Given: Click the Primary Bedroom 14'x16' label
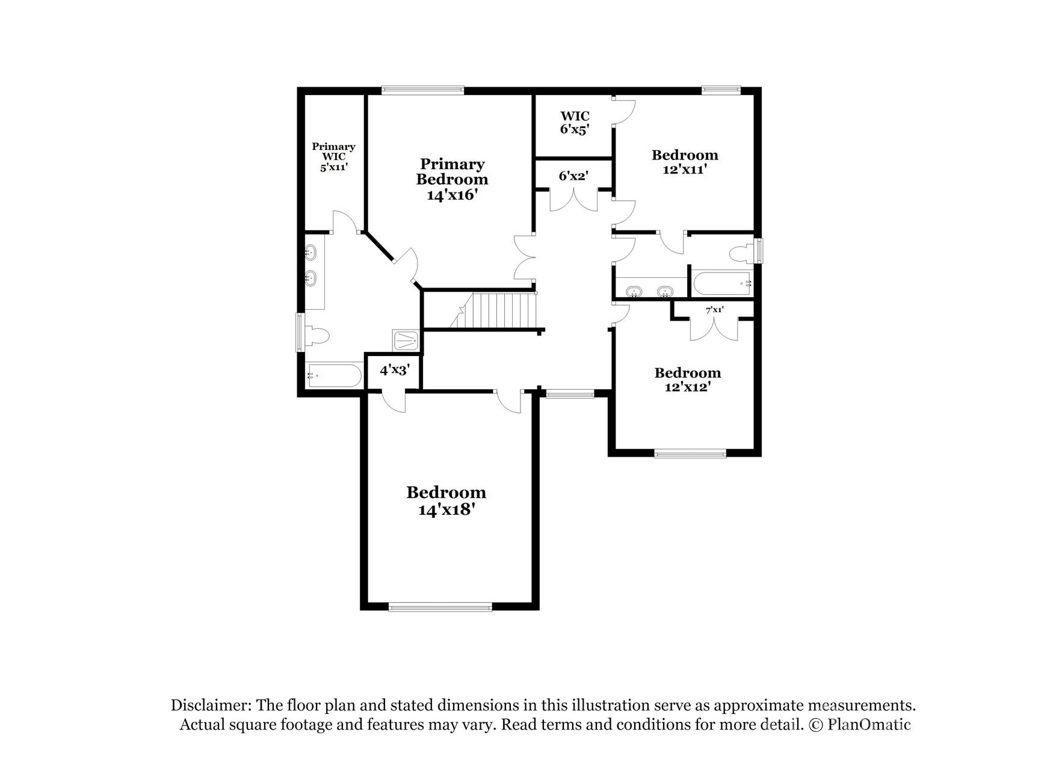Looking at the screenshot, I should [452, 179].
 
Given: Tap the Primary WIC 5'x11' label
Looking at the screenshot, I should [333, 157].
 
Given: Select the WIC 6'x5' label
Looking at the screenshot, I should [574, 123].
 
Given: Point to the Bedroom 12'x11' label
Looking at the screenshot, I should [685, 162].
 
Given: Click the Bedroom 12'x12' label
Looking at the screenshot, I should [687, 380].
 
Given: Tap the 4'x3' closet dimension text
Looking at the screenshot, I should [394, 370].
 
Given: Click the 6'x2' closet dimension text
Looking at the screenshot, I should [573, 176].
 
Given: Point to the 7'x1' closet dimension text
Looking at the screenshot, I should [714, 310].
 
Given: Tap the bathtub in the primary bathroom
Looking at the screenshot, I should [334, 377].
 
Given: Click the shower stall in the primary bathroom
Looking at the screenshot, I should [407, 341].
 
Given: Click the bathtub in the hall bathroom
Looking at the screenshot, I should [721, 283].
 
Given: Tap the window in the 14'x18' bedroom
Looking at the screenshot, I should [440, 607].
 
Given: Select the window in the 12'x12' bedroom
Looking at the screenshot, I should [690, 454].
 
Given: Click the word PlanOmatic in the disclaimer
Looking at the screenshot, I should [869, 724].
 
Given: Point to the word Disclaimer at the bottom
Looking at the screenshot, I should [211, 705].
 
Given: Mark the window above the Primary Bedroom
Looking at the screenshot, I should [422, 91].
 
